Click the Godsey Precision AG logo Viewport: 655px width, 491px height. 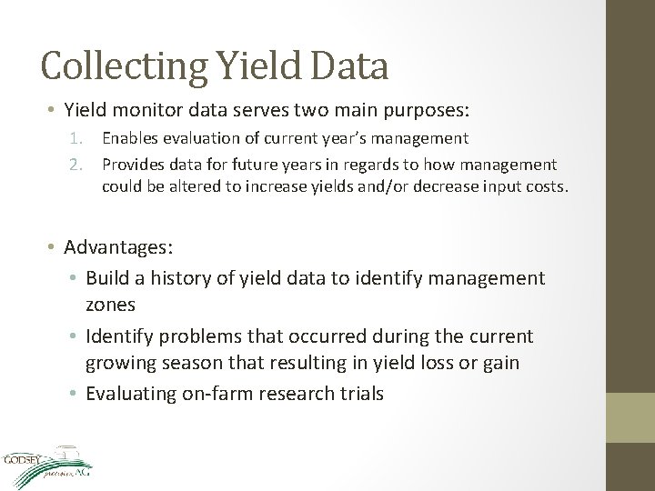pyautogui.click(x=47, y=464)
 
